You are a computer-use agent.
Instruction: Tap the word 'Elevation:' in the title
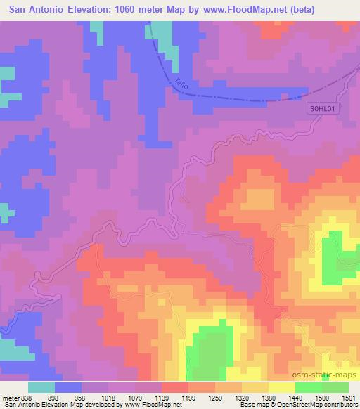83,9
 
